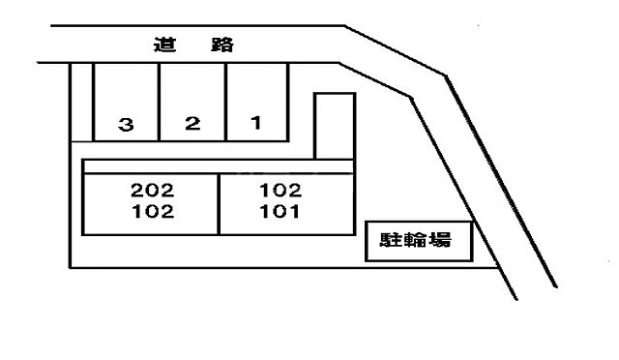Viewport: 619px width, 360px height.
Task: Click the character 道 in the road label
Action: tap(162, 45)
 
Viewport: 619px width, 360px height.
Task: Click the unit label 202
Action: tap(153, 191)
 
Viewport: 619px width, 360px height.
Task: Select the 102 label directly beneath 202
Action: tap(153, 212)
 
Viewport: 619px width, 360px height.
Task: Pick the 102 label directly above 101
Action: tap(281, 191)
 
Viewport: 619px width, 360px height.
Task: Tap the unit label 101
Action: tap(281, 212)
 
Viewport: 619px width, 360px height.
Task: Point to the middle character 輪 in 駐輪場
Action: tap(417, 241)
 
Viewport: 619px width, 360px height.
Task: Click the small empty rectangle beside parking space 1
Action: tap(334, 125)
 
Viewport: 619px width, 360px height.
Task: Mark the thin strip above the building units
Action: tap(219, 166)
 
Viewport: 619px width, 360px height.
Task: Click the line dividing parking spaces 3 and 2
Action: tap(160, 102)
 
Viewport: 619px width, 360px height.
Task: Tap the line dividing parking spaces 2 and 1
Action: tap(225, 102)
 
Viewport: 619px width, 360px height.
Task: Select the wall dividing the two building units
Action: tap(220, 203)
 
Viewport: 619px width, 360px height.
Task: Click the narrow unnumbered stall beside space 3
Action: tap(82, 102)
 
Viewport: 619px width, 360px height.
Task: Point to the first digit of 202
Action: tap(137, 191)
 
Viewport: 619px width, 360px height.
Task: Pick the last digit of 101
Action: tap(296, 212)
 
